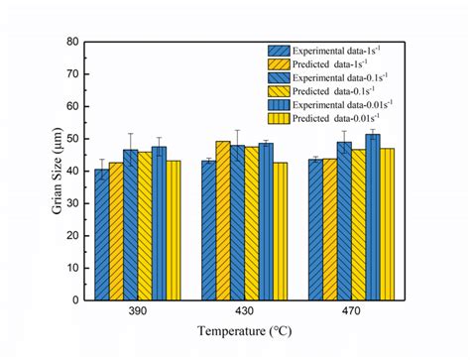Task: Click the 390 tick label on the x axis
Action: click(x=138, y=311)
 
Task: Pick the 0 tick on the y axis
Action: click(x=76, y=299)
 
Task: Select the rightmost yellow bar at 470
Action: click(x=387, y=223)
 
